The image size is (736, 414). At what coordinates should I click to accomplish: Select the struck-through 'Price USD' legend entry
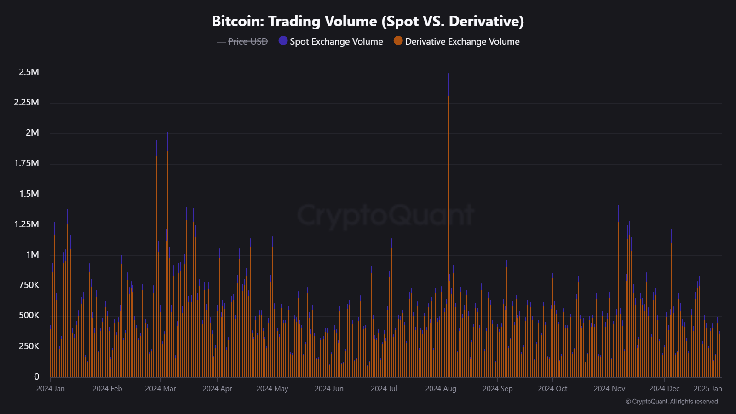247,41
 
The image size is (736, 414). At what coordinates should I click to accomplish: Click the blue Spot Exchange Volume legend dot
283,41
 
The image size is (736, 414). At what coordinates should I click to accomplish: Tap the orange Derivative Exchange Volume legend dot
398,41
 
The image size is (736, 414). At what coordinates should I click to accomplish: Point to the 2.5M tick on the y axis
29,72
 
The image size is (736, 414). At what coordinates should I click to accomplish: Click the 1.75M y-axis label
27,163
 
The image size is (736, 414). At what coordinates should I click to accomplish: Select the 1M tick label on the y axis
32,254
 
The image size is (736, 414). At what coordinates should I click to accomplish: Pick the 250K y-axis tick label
29,346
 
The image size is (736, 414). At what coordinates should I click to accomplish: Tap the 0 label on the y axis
37,376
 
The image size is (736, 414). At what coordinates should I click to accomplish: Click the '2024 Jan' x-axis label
51,389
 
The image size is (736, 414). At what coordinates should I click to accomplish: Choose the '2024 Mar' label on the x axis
161,389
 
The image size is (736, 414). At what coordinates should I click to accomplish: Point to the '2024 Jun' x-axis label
329,389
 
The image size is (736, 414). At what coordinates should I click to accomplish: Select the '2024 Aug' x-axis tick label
441,389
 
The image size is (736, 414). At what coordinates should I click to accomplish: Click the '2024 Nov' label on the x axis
609,389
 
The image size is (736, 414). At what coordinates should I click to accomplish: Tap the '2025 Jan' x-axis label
707,389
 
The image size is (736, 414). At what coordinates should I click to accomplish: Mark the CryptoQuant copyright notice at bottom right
672,402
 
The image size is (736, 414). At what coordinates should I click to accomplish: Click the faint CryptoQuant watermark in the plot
385,215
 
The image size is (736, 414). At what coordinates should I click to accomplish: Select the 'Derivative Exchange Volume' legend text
462,41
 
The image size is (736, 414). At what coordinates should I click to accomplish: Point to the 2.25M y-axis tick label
27,102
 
